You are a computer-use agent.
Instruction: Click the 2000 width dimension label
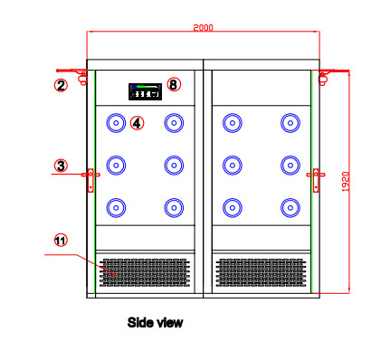[x=203, y=28]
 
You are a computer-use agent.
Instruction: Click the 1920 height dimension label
[x=346, y=182]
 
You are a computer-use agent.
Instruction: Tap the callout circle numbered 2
[x=61, y=85]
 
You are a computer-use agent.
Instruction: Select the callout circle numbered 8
[x=174, y=84]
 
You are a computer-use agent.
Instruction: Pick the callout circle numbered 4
[x=138, y=123]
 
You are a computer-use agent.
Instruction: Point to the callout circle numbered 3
[x=61, y=166]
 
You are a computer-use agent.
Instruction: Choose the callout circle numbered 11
[x=61, y=241]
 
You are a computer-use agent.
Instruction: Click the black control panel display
[x=145, y=91]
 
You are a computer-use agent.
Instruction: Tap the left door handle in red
[x=90, y=180]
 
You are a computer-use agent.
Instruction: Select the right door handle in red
[x=316, y=180]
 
